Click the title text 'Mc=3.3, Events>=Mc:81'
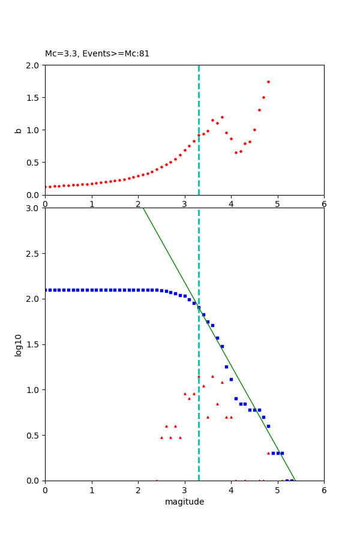tap(97, 54)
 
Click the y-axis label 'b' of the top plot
tap(18, 130)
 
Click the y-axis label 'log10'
tap(19, 344)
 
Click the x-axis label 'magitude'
tap(184, 502)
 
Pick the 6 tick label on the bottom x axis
tap(324, 490)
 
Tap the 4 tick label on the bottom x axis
tap(231, 490)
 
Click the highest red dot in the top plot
tap(268, 82)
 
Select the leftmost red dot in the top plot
tap(46, 187)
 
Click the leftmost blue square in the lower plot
tap(46, 290)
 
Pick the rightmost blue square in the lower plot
tap(292, 480)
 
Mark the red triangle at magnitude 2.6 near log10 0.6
tap(166, 426)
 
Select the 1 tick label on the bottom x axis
tap(92, 490)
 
